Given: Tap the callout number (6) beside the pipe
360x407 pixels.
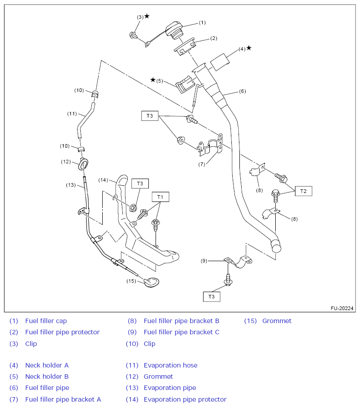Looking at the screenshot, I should pos(242,91).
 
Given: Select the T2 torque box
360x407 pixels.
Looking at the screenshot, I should pos(304,191).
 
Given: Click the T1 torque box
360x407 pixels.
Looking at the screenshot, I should pos(160,197).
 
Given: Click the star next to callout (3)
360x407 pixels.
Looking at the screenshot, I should pos(147,16).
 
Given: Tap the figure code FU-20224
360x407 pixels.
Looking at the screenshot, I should pos(342,308).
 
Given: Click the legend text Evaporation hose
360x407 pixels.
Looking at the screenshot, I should pos(170,365).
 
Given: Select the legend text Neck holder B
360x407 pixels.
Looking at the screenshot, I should pos(47,376).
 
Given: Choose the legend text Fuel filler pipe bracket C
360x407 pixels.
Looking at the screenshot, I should pos(182,332).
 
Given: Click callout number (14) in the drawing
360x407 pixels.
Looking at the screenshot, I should pos(103,180).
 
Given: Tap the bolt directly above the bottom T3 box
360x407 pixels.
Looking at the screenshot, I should pos(228,280).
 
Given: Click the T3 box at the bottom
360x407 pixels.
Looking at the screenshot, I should pos(212,296).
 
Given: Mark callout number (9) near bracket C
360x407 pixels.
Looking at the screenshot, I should pos(204,260).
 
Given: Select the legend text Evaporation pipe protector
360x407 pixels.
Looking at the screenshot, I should pos(185,399).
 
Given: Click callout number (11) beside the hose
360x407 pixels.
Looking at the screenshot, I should pos(72,114).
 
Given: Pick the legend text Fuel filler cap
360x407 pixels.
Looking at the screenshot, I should pos(46,321).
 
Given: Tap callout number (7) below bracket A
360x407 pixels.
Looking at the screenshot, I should pos(202,164).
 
